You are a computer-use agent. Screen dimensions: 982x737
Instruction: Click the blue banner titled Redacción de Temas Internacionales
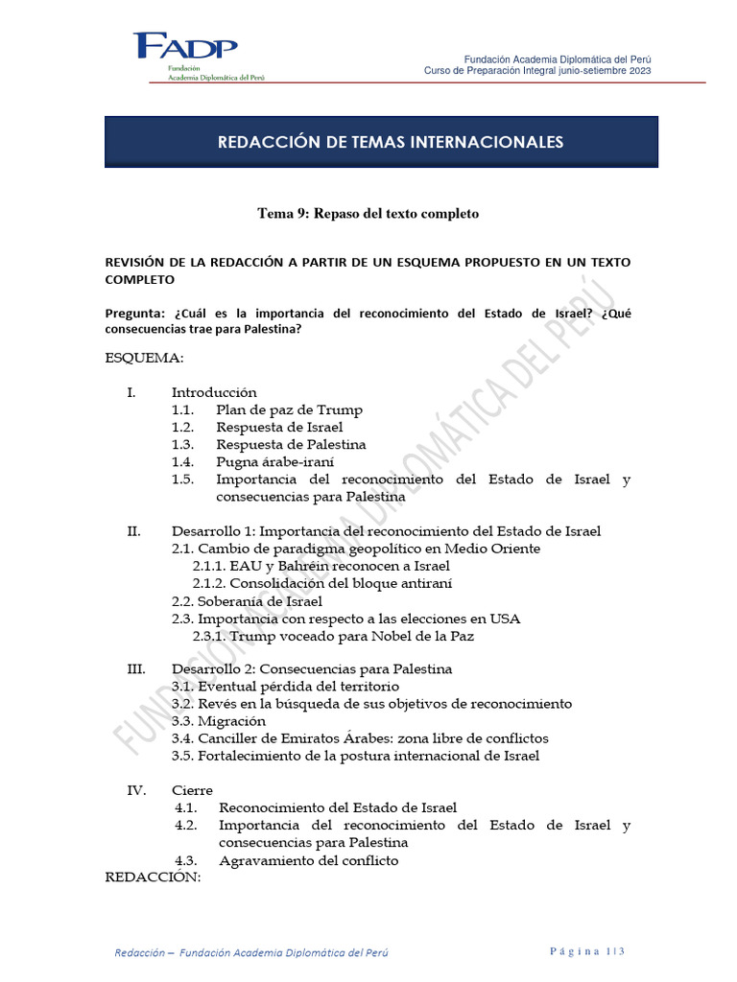381,142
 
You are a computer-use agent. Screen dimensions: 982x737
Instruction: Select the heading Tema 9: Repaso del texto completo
368,214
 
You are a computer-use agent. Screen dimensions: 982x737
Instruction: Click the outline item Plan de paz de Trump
289,409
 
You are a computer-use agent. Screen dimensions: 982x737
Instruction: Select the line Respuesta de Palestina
291,445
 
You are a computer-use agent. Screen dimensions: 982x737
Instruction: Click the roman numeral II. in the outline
134,531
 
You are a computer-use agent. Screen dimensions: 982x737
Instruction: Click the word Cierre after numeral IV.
192,790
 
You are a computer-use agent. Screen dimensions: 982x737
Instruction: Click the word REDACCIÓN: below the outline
153,877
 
